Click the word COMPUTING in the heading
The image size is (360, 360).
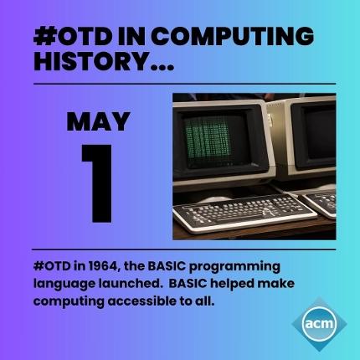click(234, 37)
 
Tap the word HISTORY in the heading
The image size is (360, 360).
click(90, 61)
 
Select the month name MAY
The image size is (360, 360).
click(98, 121)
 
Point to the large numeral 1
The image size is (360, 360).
click(98, 183)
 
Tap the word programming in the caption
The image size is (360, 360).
click(234, 267)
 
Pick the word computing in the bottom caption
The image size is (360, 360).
click(69, 302)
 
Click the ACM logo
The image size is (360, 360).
click(319, 324)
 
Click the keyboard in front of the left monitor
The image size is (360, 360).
click(244, 213)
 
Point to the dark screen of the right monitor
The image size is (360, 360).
click(321, 136)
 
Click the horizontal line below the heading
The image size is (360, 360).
click(184, 84)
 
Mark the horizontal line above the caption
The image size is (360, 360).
click(184, 249)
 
